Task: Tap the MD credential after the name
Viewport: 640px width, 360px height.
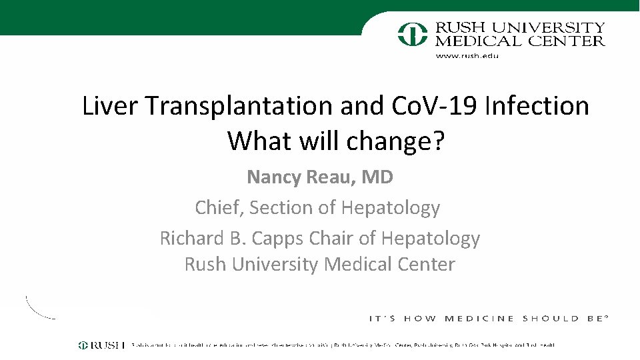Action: click(378, 177)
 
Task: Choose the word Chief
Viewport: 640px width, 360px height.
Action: click(219, 208)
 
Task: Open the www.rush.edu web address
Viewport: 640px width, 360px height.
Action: click(467, 56)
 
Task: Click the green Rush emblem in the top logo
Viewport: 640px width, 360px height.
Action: click(413, 33)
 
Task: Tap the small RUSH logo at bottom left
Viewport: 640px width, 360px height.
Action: click(101, 345)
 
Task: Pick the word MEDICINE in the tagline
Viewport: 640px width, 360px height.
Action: click(479, 319)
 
